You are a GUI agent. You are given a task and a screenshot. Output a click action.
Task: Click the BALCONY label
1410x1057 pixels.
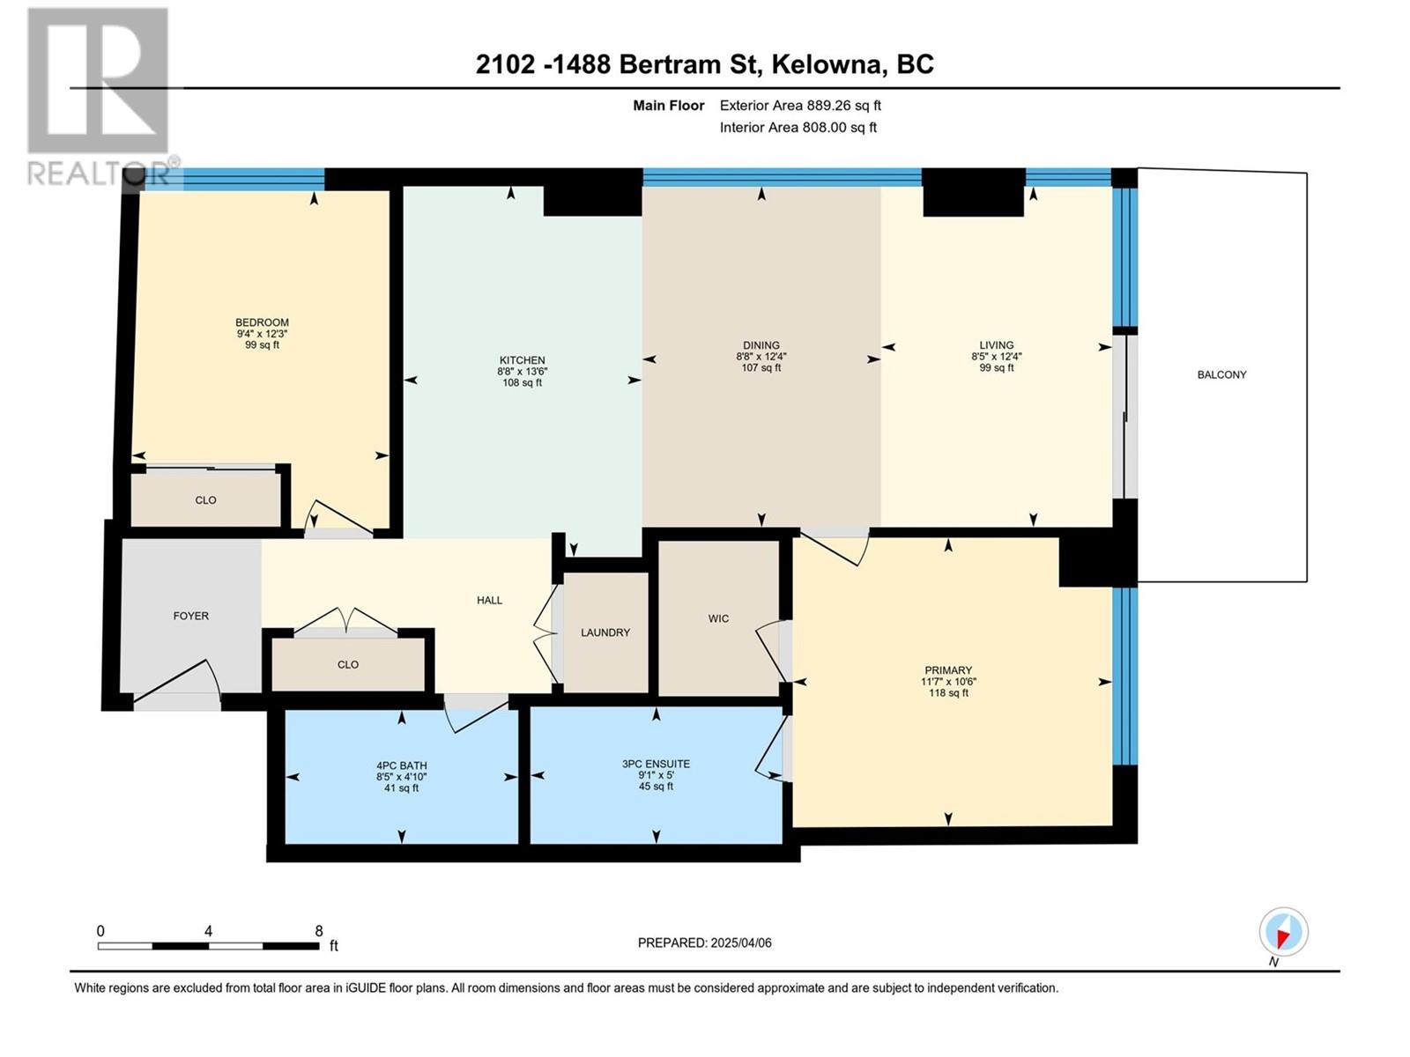click(1221, 375)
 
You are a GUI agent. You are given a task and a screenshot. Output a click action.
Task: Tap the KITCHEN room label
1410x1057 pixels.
click(522, 360)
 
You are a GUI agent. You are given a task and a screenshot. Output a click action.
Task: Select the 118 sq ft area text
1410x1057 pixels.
click(948, 693)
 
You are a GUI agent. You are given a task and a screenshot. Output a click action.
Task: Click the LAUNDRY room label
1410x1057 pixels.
click(605, 632)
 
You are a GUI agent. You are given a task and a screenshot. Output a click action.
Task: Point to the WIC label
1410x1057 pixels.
click(718, 618)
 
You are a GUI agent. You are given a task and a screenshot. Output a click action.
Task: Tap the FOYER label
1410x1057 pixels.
click(190, 616)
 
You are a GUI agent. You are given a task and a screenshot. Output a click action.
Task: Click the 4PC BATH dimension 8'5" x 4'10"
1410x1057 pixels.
click(402, 777)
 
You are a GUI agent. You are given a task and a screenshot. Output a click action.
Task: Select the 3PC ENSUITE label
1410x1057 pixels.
click(656, 764)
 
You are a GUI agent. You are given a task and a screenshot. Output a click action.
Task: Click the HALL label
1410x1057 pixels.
click(489, 601)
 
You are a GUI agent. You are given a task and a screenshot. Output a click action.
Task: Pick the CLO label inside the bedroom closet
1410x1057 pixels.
click(205, 500)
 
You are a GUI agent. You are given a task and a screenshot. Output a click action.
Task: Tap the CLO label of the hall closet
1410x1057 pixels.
click(347, 665)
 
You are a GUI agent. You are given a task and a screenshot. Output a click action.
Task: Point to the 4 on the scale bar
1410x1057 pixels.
click(208, 931)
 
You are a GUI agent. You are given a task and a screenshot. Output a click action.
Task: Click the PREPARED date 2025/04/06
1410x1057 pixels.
click(740, 942)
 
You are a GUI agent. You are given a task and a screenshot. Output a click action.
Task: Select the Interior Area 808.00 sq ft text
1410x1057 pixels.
click(798, 127)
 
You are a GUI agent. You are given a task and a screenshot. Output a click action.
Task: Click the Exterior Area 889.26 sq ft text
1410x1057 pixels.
click(800, 105)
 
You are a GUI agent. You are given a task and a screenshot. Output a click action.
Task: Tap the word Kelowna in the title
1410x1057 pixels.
click(825, 64)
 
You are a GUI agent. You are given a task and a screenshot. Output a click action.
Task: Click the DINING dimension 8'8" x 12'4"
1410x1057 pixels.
click(761, 356)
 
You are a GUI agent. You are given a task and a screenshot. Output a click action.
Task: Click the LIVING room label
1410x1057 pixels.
click(997, 345)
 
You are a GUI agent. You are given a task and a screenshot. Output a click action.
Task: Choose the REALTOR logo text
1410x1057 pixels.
click(98, 174)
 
